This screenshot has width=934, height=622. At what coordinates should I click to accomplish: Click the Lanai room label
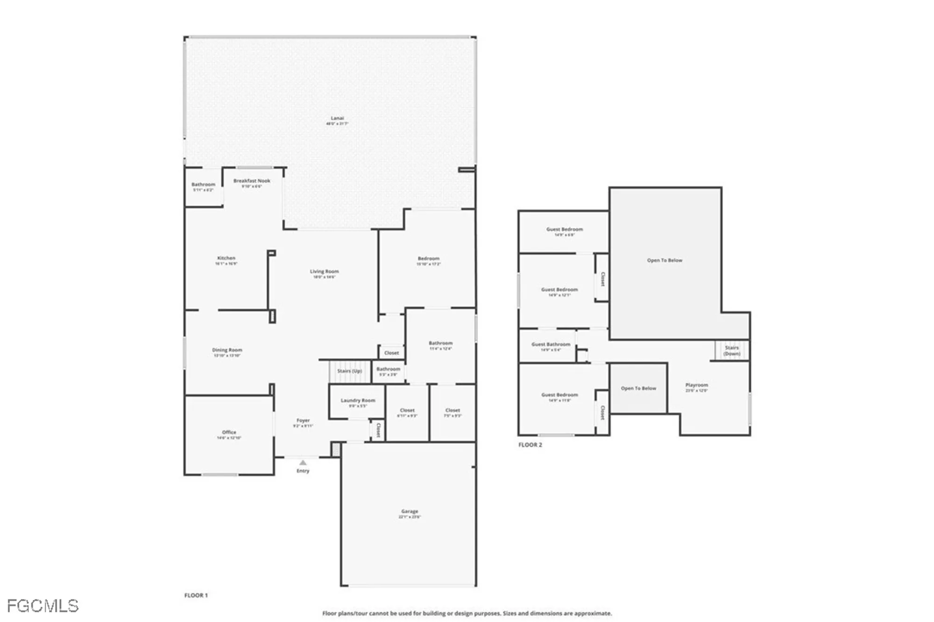click(337, 118)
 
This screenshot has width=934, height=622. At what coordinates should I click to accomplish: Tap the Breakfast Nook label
click(252, 181)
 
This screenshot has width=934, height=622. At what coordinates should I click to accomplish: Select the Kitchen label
click(226, 258)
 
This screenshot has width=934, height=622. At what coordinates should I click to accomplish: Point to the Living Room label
click(324, 272)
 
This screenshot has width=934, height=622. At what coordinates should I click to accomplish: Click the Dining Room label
click(227, 350)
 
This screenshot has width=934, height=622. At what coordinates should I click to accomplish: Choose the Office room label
click(229, 432)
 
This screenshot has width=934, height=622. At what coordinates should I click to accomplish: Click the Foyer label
click(303, 421)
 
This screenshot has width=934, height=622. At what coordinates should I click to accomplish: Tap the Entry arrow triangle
click(303, 463)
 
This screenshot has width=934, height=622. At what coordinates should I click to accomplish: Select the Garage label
click(410, 511)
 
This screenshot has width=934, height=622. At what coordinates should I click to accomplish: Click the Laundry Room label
click(358, 400)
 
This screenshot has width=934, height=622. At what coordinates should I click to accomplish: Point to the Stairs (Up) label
click(350, 371)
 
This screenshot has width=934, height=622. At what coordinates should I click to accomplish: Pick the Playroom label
click(696, 385)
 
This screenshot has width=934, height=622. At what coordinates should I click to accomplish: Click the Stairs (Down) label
click(732, 350)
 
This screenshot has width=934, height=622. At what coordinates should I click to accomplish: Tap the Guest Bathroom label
click(551, 344)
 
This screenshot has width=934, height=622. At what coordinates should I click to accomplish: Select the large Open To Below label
click(665, 260)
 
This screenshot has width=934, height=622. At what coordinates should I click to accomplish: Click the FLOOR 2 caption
click(530, 445)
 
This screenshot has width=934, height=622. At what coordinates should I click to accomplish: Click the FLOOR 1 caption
click(196, 595)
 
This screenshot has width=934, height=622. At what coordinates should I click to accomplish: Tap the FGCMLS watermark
click(42, 606)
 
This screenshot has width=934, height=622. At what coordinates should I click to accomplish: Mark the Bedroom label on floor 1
click(428, 258)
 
